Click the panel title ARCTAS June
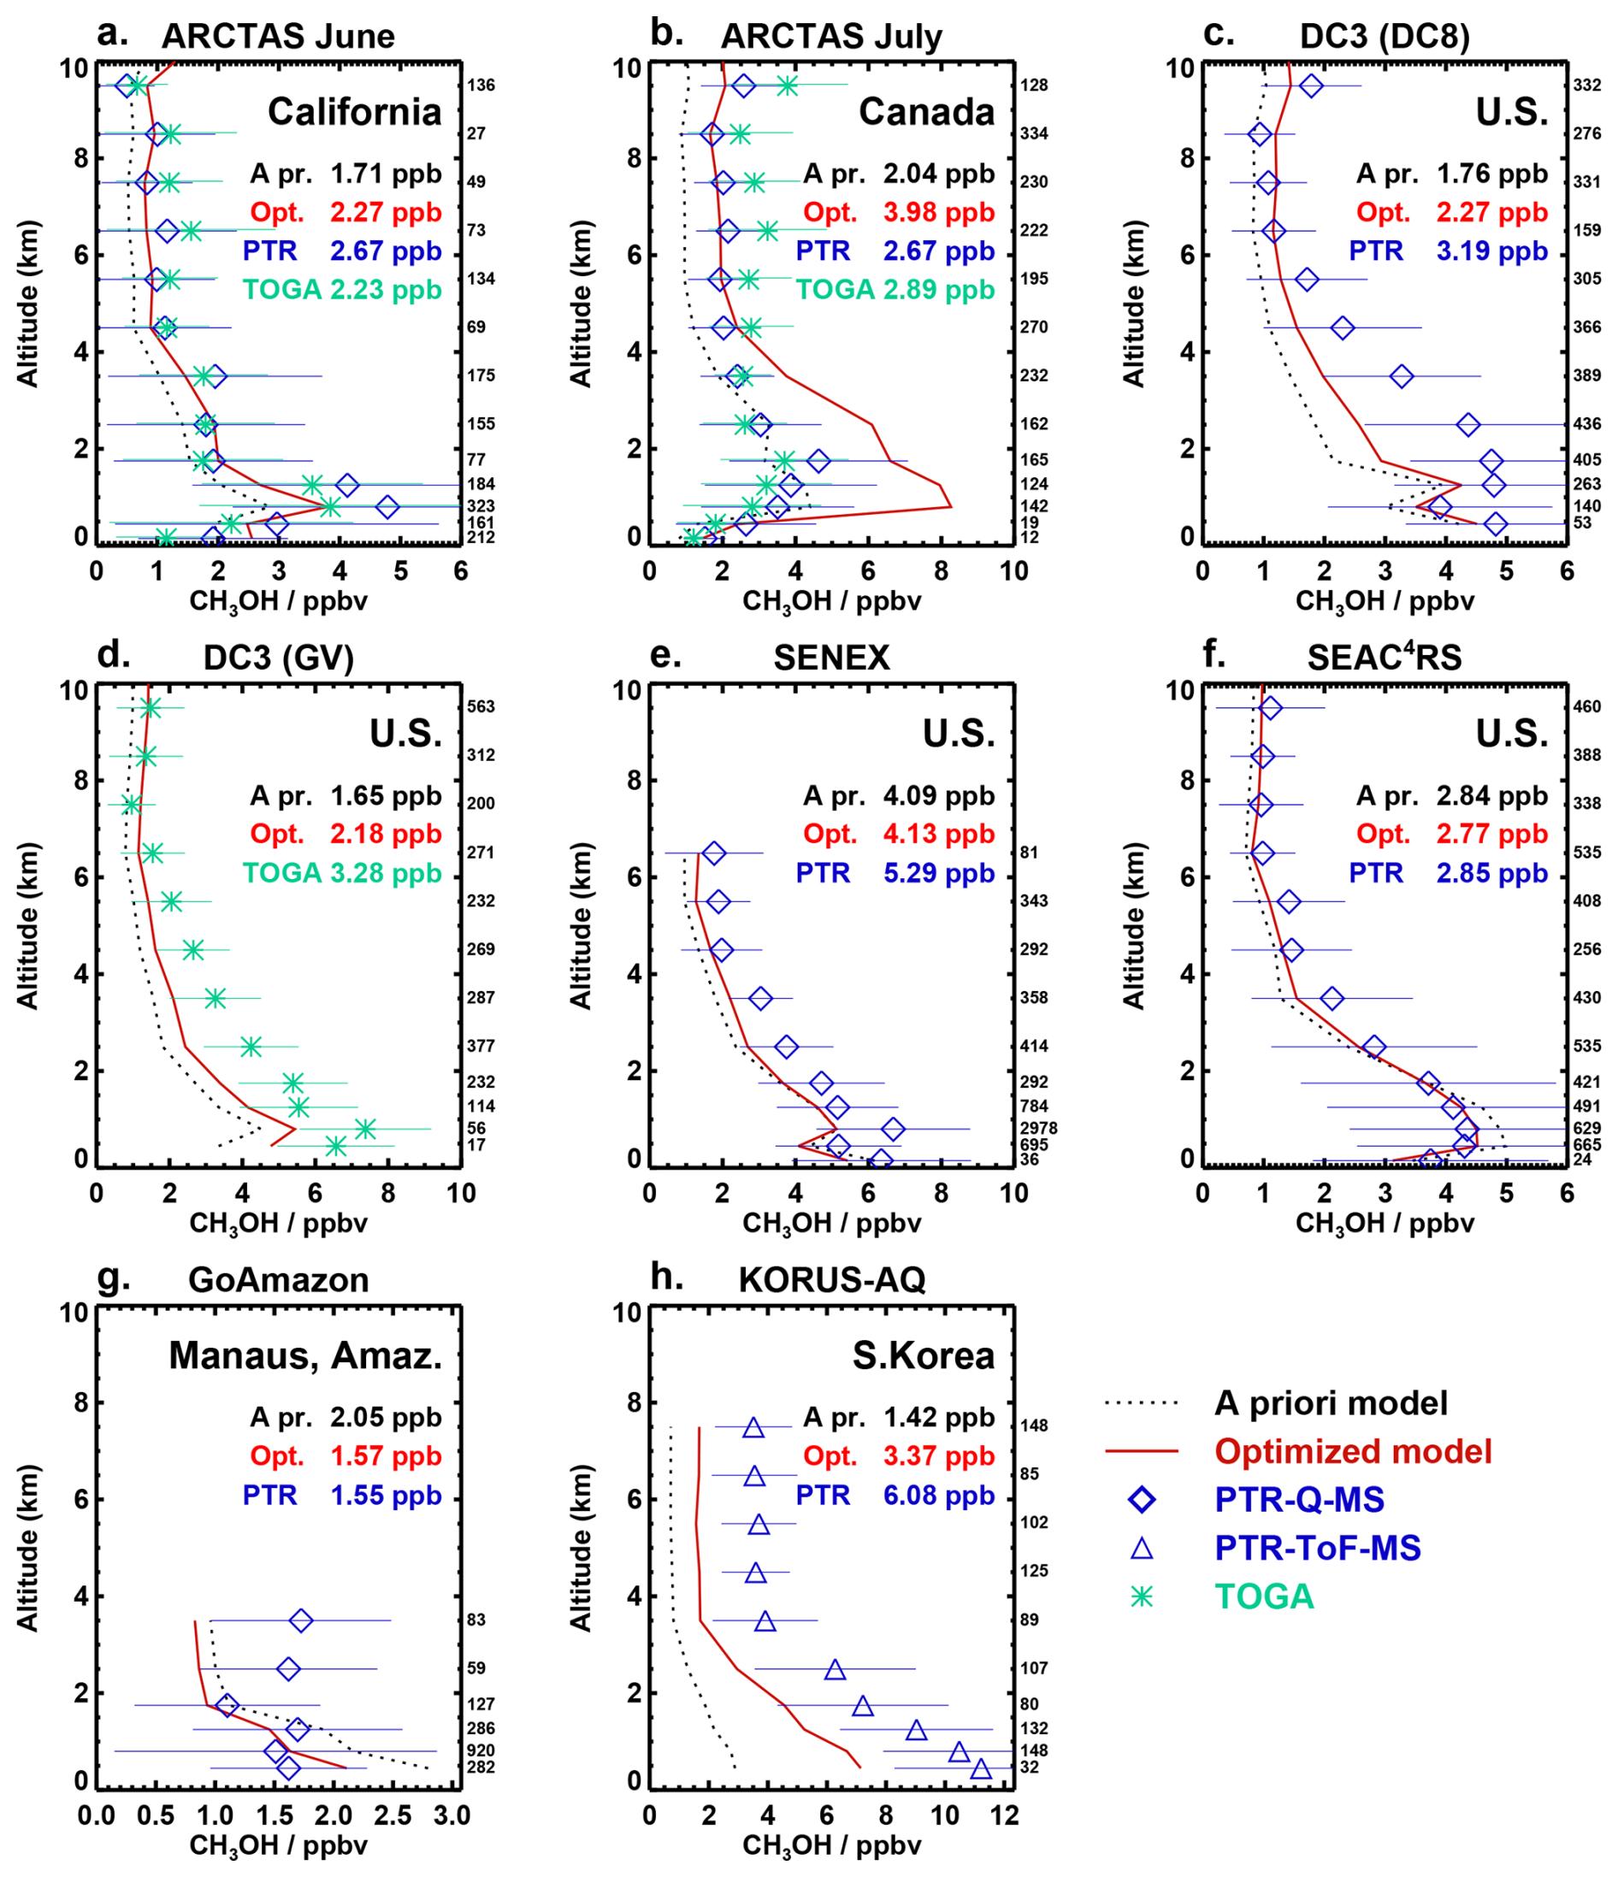click(x=277, y=36)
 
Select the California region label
click(x=354, y=112)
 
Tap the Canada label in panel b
click(x=926, y=112)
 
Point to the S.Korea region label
click(x=922, y=1356)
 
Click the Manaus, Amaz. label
click(x=305, y=1356)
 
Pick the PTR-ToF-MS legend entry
click(x=1316, y=1548)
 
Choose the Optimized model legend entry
click(x=1352, y=1451)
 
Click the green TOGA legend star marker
click(x=1142, y=1597)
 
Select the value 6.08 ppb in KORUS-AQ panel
click(x=938, y=1495)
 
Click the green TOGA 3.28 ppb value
click(x=385, y=873)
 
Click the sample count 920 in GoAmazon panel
click(x=480, y=1750)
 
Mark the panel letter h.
click(x=667, y=1278)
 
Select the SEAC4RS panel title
click(x=1384, y=658)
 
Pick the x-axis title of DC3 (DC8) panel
click(x=1385, y=601)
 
